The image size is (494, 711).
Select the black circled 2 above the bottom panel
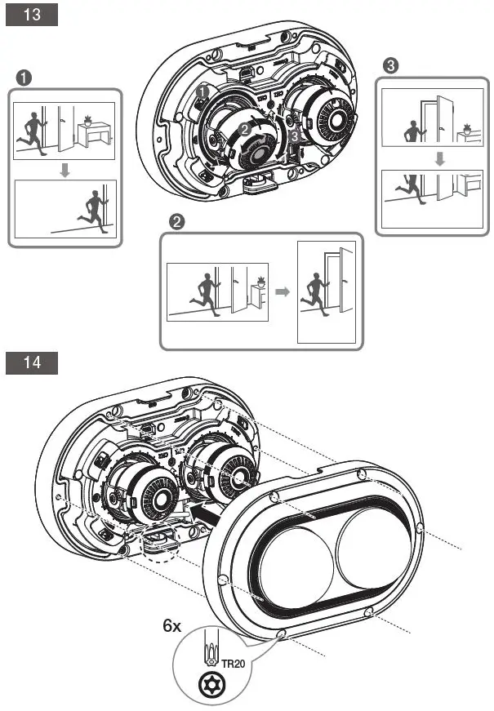[175, 221]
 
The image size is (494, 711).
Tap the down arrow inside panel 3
[438, 158]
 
